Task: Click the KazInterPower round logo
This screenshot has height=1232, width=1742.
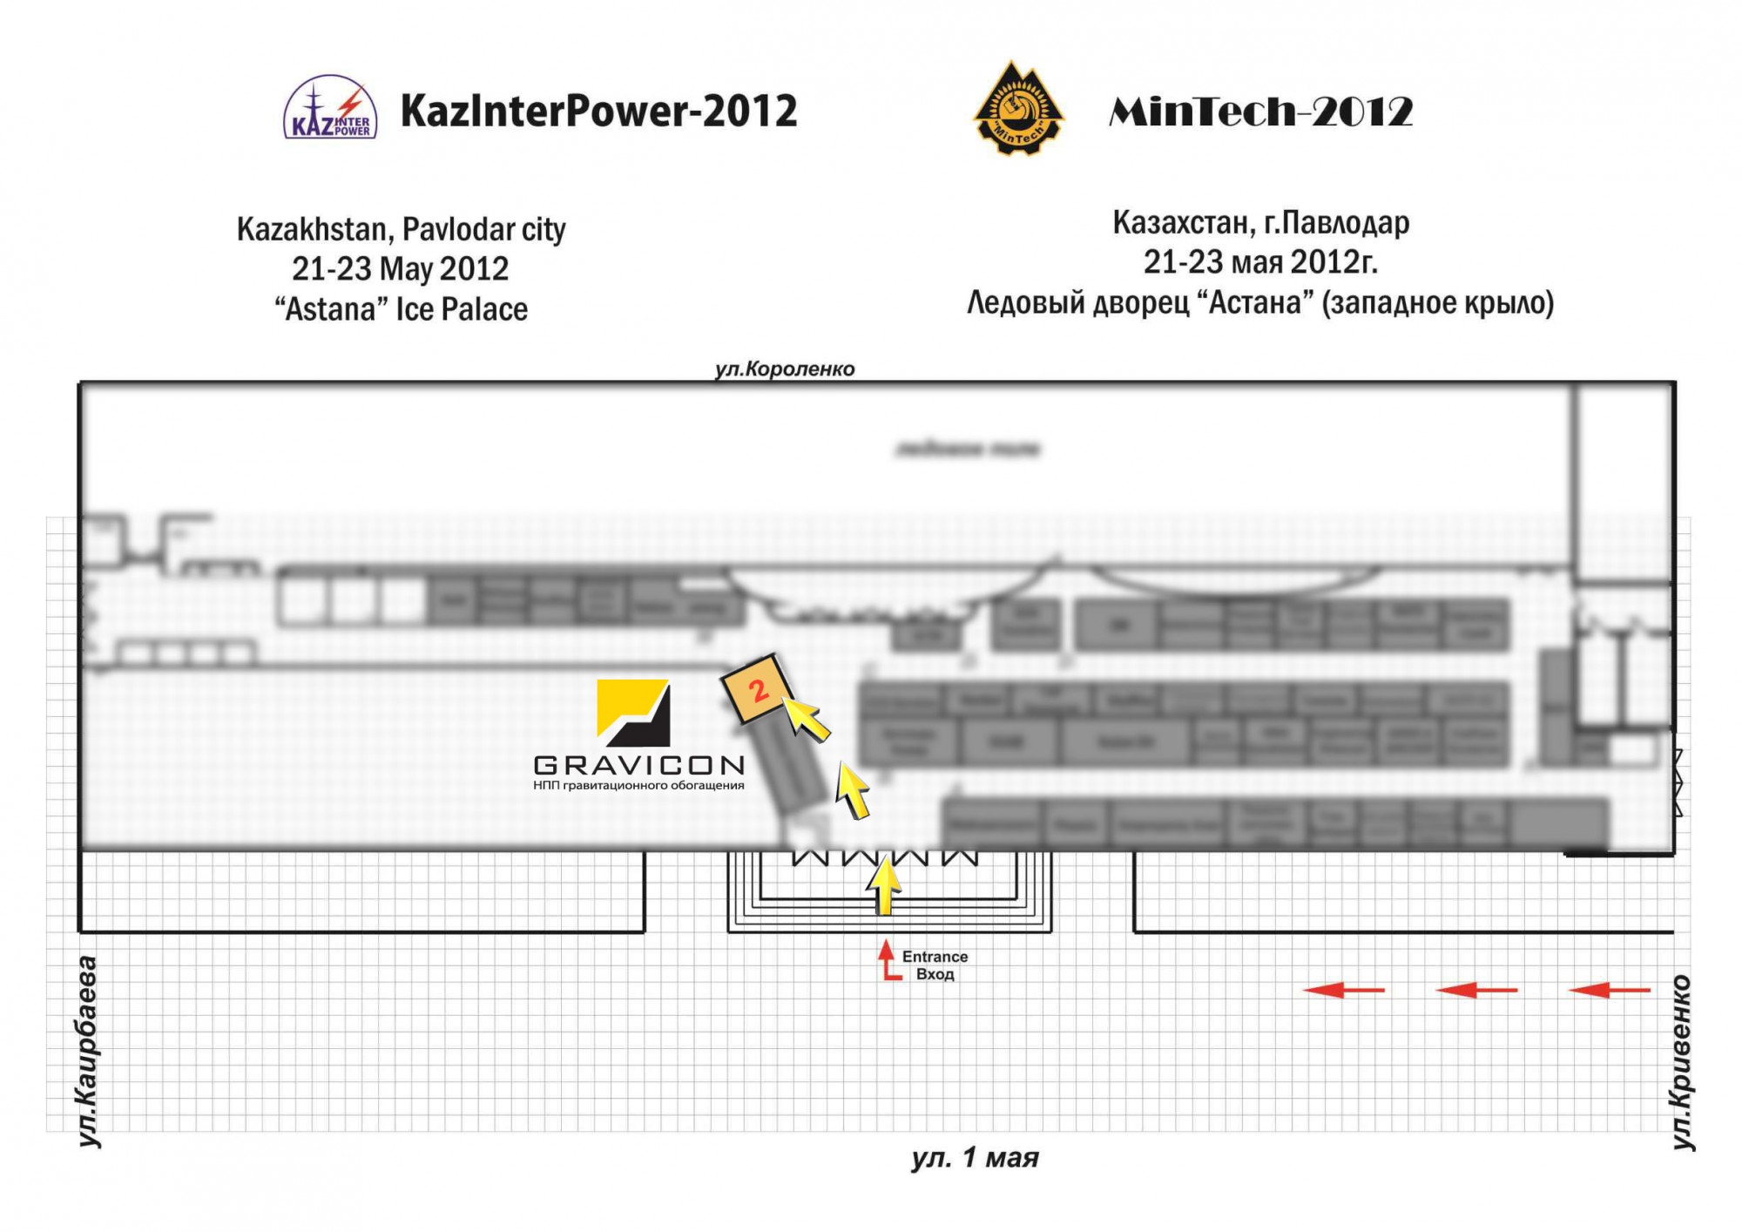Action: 330,109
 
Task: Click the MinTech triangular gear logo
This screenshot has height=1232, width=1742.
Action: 1017,111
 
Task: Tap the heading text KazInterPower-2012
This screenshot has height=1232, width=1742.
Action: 598,111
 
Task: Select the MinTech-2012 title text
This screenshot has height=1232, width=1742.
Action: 1260,112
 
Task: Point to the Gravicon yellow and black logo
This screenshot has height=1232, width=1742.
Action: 633,713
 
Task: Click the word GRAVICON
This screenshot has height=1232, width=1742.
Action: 639,765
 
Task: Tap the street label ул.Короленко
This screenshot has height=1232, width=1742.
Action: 785,369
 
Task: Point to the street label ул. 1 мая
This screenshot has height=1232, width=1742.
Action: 975,1158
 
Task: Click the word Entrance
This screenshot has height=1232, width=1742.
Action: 935,957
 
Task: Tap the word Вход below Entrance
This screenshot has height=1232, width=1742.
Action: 935,974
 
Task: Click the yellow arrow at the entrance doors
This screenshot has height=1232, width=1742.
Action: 884,883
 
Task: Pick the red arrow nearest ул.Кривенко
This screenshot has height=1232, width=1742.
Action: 1609,990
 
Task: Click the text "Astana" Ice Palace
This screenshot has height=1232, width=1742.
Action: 401,309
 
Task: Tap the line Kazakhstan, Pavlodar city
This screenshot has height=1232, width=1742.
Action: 401,230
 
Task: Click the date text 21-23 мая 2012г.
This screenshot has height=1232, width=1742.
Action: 1260,261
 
